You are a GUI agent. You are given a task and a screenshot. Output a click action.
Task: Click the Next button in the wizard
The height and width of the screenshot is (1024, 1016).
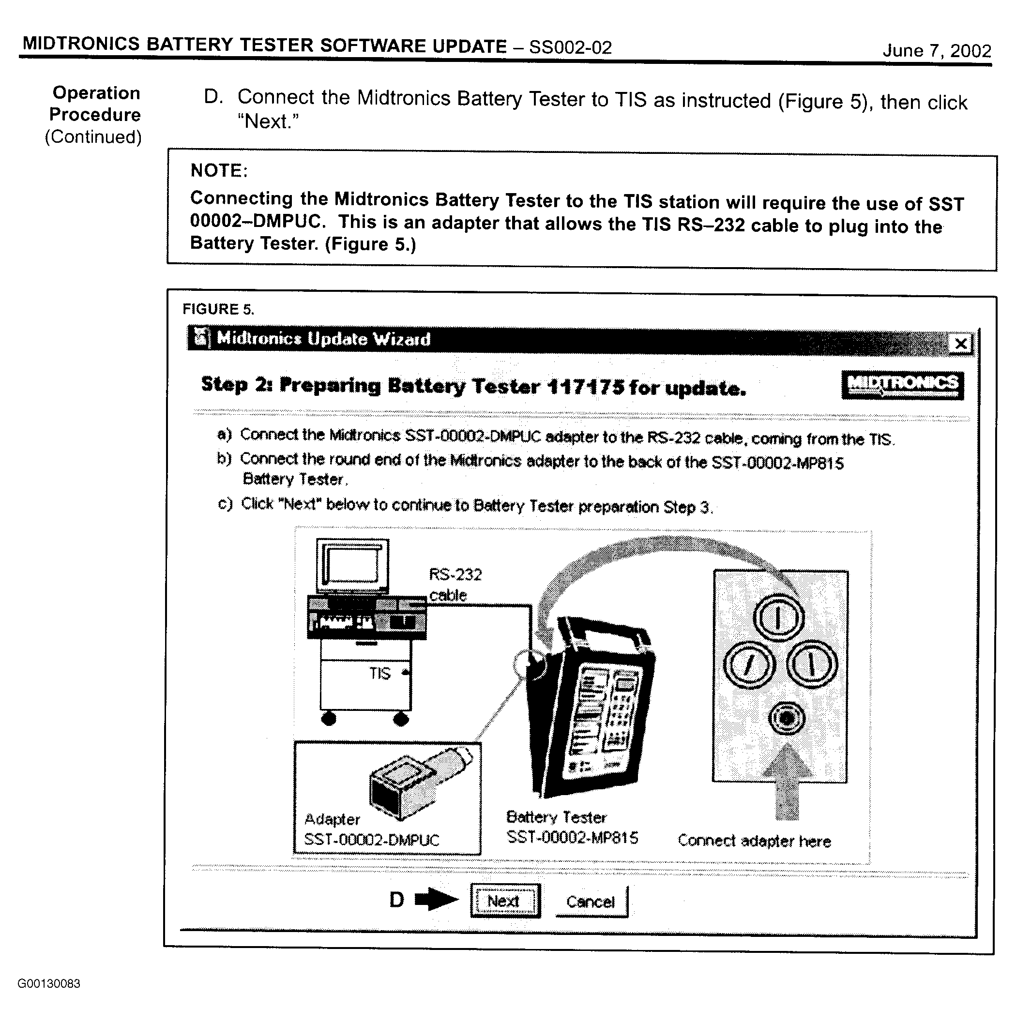[x=504, y=901]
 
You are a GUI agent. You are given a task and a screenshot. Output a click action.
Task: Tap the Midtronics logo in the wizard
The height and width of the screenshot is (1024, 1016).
[x=903, y=385]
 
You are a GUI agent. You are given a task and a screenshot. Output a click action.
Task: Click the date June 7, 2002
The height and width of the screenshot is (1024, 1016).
[x=937, y=51]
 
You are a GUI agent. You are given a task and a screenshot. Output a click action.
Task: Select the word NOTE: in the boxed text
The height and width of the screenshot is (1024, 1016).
[x=219, y=171]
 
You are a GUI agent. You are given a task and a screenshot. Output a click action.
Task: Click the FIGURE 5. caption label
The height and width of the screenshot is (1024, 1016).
[x=218, y=309]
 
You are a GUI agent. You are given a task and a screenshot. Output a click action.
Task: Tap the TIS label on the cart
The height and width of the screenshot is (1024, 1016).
[x=379, y=673]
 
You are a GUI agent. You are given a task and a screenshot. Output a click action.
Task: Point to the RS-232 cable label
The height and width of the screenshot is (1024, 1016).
[x=455, y=585]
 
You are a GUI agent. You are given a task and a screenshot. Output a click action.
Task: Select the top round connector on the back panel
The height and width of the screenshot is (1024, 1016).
[x=779, y=617]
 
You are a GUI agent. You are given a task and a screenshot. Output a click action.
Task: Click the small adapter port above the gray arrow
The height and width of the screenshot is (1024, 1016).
[x=787, y=718]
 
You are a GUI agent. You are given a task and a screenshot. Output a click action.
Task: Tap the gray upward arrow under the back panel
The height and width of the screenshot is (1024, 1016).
[x=787, y=781]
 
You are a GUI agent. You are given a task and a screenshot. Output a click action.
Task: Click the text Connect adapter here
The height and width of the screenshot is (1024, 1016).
[x=754, y=841]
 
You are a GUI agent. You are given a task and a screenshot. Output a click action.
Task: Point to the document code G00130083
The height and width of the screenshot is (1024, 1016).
[x=49, y=984]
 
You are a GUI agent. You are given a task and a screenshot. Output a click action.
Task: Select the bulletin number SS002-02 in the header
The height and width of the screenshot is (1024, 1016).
[x=571, y=48]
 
